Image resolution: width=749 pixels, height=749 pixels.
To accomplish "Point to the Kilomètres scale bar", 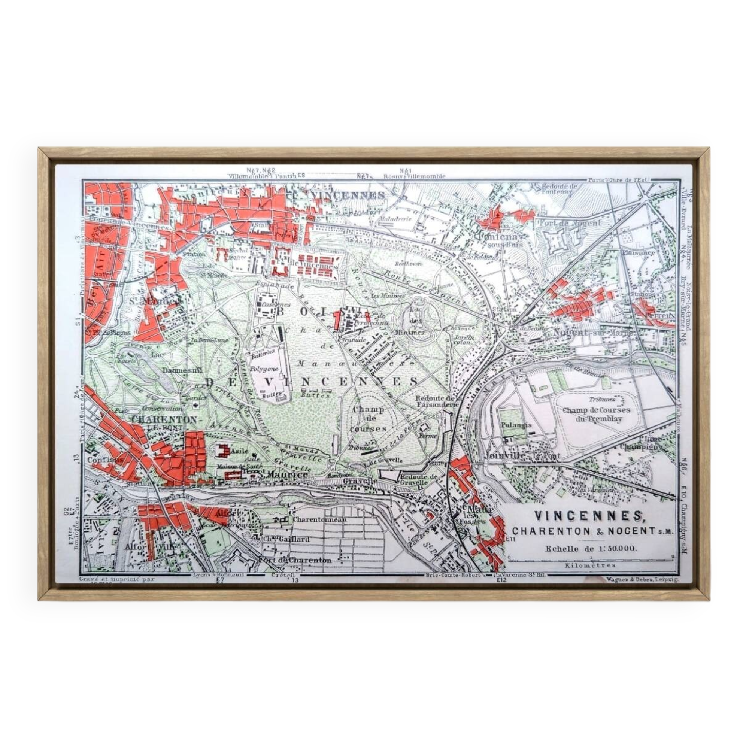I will click(591, 560).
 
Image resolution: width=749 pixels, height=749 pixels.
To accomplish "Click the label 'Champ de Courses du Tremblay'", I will click(596, 414).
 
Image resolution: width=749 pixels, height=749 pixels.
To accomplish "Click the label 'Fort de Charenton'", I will click(295, 560).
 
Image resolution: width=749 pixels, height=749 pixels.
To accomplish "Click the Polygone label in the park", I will click(264, 368).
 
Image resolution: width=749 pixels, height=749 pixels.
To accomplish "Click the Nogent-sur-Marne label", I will click(593, 333).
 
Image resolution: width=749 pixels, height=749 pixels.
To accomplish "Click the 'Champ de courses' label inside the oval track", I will click(368, 419).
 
